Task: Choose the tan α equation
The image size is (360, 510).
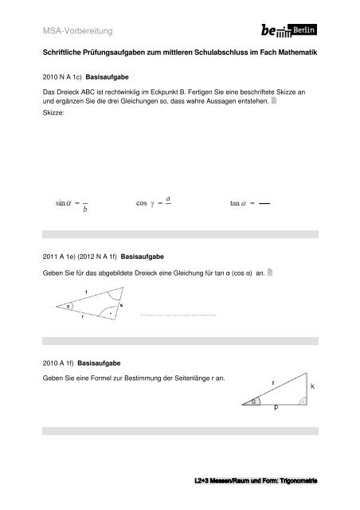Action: (248, 204)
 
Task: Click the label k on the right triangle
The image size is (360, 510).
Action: (313, 385)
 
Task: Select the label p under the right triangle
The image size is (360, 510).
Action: (276, 408)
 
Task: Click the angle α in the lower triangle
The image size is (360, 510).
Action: (253, 401)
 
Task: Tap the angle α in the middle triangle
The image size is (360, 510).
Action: (68, 305)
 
